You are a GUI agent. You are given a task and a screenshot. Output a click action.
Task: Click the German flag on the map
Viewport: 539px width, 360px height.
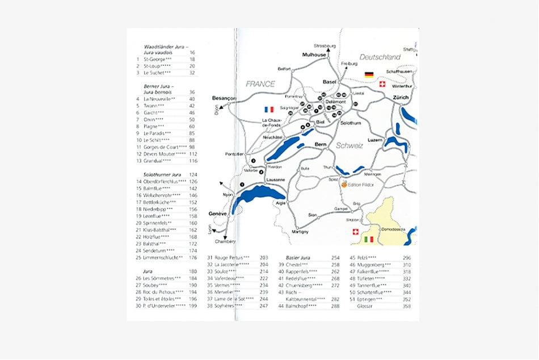click(x=369, y=75)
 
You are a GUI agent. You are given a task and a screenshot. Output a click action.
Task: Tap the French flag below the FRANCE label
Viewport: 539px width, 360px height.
click(x=269, y=110)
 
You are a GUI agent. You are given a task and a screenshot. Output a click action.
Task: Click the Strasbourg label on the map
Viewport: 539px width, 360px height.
click(x=325, y=45)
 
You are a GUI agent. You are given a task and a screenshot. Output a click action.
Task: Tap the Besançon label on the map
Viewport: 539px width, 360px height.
click(x=224, y=98)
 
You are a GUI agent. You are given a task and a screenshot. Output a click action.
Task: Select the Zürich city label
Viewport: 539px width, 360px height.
click(x=400, y=98)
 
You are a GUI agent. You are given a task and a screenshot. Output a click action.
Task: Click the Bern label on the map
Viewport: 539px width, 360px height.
click(x=320, y=145)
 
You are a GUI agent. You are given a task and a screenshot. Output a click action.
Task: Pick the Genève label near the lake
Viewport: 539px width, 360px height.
click(x=217, y=214)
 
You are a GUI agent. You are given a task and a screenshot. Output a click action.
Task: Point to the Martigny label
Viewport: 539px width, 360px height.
click(x=300, y=232)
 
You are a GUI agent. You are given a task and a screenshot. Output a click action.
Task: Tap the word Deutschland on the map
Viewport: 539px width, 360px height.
click(x=380, y=57)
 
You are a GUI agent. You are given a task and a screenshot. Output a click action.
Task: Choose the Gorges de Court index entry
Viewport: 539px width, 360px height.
click(x=165, y=147)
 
